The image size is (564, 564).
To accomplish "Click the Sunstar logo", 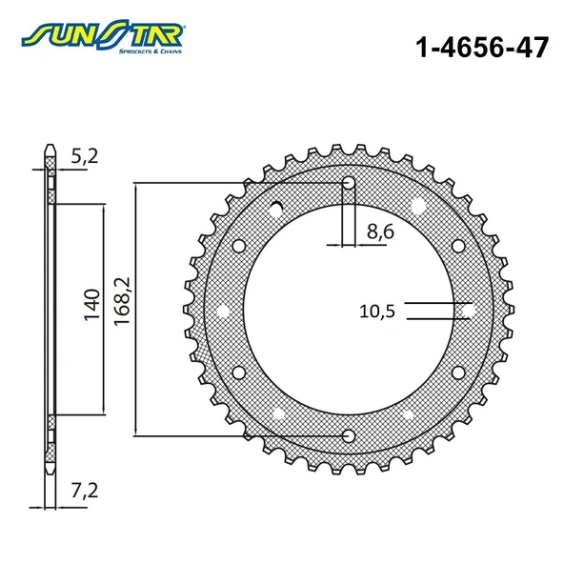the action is coord(103,37).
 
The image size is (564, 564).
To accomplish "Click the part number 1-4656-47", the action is coord(482,47).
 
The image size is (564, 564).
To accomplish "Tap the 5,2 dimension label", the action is coord(85,156).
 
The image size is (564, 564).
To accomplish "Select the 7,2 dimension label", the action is coord(85,491).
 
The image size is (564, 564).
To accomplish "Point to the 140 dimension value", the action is coord(91,304).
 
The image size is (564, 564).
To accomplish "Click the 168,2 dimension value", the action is coord(122,301).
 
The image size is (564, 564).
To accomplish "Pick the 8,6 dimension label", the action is coord(380,232).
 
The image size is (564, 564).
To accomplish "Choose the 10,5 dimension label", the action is coord(377,312).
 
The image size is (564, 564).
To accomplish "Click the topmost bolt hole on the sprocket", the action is coord(349,183).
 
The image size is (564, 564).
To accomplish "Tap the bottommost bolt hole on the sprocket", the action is coord(349,436).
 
